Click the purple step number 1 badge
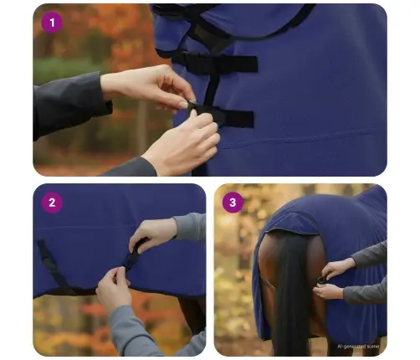pyautogui.click(x=52, y=23)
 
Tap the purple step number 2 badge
pyautogui.click(x=52, y=202)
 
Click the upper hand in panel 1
pyautogui.click(x=155, y=87)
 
